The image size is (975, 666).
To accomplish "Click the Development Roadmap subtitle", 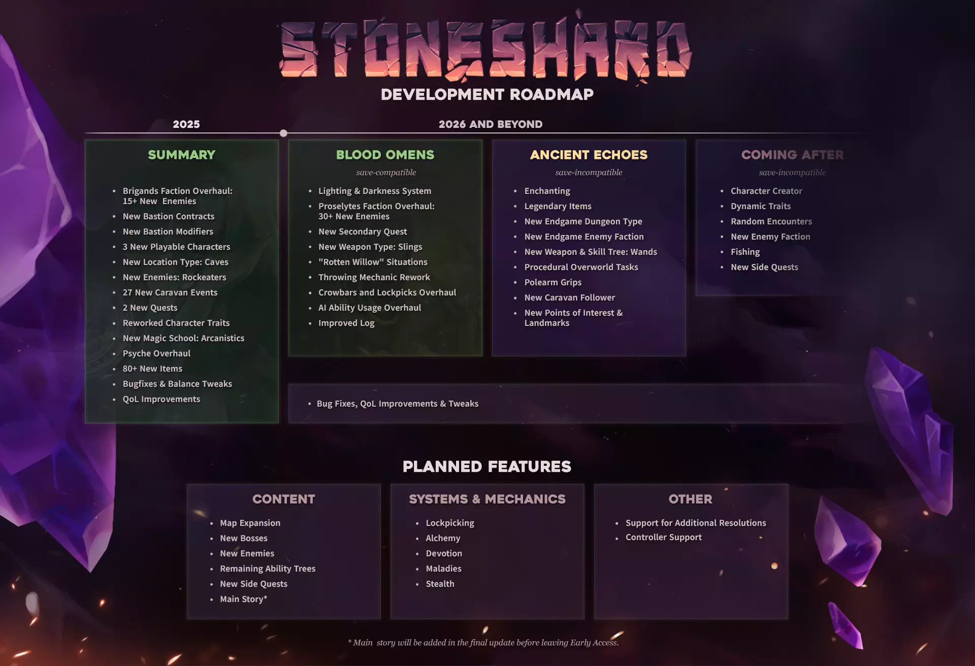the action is [x=487, y=94].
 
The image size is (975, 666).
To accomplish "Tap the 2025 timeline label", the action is [x=186, y=124].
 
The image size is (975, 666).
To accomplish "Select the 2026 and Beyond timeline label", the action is [x=491, y=124].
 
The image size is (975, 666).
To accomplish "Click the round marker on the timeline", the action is [x=283, y=133].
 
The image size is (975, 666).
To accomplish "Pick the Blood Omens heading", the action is [x=385, y=155].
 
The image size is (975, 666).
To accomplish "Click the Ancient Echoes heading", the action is [x=589, y=155].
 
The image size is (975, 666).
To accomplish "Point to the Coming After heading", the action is [x=792, y=155].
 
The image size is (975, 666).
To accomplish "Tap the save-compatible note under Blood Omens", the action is [x=386, y=173].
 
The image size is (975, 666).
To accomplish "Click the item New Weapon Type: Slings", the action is [x=370, y=247].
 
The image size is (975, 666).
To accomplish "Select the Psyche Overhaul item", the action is [x=156, y=353].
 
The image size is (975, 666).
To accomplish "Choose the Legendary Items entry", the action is [x=558, y=206].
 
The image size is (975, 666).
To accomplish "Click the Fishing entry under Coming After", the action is [x=745, y=252].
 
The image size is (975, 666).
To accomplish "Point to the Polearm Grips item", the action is [x=553, y=282].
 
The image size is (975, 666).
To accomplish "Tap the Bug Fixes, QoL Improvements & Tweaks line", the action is [x=398, y=404].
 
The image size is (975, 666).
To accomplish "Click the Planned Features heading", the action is [x=487, y=467].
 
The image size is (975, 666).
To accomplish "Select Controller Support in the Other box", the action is [x=664, y=537].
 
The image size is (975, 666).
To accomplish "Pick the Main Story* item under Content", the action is [x=244, y=599].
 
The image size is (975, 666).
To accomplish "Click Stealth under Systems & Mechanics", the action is [x=440, y=584].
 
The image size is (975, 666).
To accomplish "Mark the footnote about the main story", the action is [x=483, y=643].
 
